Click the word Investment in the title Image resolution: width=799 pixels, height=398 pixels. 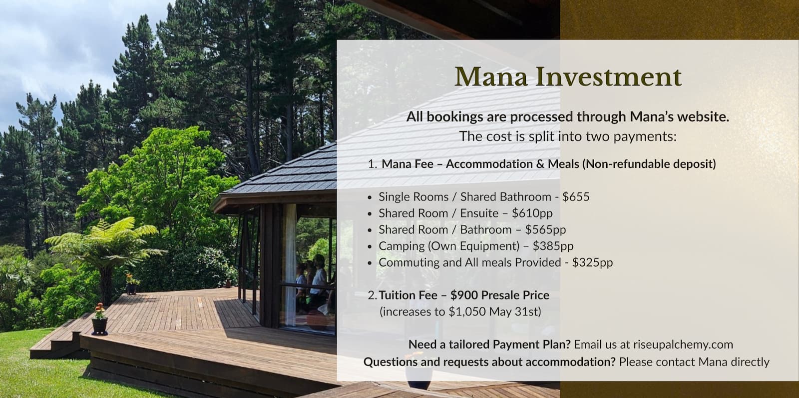point(608,77)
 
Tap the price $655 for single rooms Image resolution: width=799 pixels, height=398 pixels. point(576,196)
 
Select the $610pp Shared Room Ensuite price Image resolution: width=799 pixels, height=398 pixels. point(532,213)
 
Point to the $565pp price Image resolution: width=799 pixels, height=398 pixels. point(545,229)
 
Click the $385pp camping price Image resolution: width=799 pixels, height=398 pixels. point(553,246)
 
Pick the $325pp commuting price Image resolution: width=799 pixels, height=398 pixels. point(592,262)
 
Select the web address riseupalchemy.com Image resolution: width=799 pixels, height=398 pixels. point(683,344)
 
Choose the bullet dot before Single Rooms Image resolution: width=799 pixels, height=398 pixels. point(370,197)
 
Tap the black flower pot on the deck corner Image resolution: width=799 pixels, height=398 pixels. point(99,326)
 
